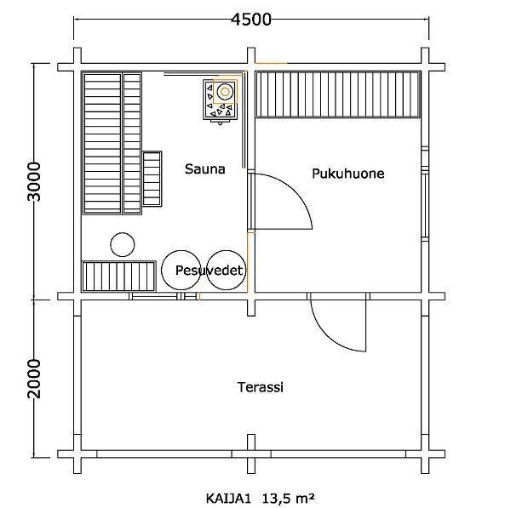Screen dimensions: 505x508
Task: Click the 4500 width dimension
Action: pos(251,20)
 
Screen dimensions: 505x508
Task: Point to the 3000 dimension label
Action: pos(34,182)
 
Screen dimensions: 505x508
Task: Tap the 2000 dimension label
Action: pos(34,379)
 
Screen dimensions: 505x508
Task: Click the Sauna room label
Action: pos(205,168)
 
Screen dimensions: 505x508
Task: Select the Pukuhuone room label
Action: pos(348,174)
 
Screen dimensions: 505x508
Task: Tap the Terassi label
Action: pos(261,387)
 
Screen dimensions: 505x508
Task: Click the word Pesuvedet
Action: pos(209,270)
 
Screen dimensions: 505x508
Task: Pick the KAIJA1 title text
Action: pos(229,499)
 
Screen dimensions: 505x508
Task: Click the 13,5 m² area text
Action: pos(288,498)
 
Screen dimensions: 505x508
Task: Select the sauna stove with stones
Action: pos(221,100)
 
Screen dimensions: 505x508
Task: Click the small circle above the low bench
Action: pos(123,244)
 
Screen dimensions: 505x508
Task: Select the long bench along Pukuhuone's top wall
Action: pos(337,94)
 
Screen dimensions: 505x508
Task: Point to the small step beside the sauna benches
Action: pos(152,179)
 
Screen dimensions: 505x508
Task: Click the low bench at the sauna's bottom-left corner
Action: pos(118,277)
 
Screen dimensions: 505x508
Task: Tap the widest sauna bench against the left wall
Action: pos(102,143)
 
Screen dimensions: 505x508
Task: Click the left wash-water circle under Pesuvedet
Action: pos(181,270)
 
